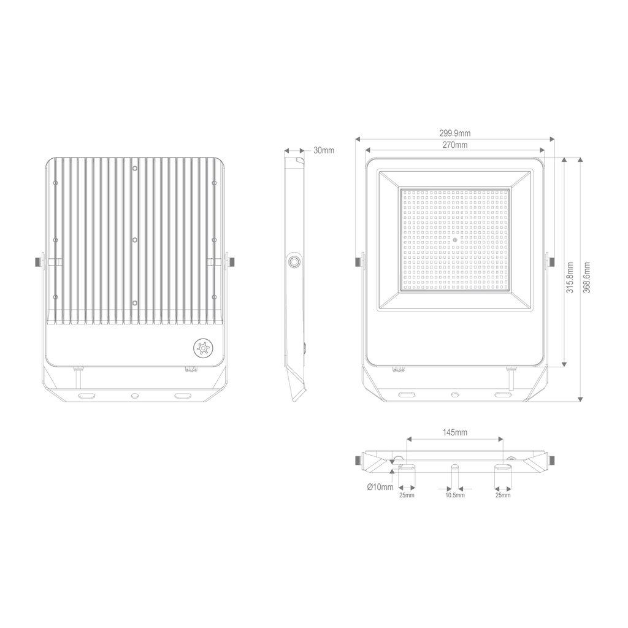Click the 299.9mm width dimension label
[x=455, y=133]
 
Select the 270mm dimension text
[x=455, y=145]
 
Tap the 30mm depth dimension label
[x=324, y=151]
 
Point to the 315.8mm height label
[x=570, y=278]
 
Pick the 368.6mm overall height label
[x=587, y=278]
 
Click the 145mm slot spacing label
[x=455, y=432]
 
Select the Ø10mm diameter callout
[x=380, y=487]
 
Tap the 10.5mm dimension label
[x=455, y=496]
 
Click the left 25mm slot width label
[x=407, y=496]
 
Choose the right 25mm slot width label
[x=503, y=496]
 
